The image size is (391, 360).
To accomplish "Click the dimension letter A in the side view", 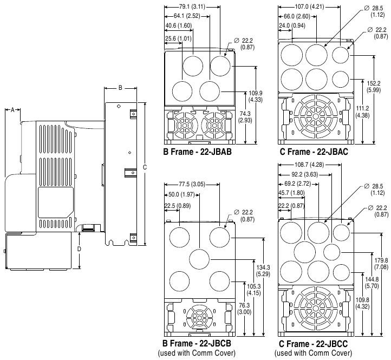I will coord(12,109).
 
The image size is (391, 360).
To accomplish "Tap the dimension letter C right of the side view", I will coord(144,168).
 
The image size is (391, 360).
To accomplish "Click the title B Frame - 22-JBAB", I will coord(198,152).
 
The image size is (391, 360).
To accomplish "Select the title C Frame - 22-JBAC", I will coord(314,152).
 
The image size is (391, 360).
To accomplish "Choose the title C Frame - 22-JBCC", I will coord(313,344).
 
